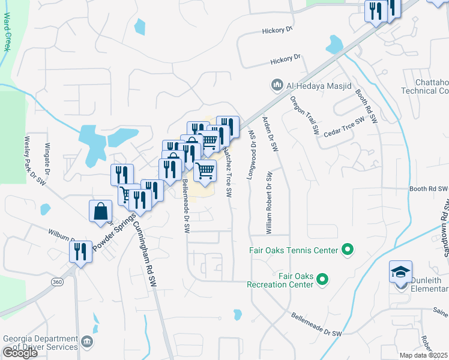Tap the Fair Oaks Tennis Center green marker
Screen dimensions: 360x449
[346, 249]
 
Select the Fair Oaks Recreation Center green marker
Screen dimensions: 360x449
[322, 279]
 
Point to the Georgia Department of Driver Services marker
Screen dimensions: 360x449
[88, 343]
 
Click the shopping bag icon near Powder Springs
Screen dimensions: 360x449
[100, 212]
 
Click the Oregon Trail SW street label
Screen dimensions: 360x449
[304, 114]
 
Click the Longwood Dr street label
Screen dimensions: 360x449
[251, 157]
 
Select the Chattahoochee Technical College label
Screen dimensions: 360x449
[426, 86]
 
